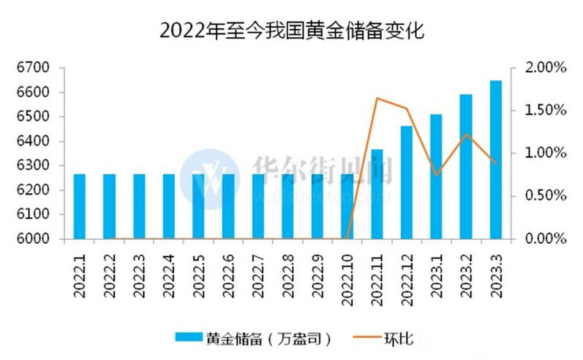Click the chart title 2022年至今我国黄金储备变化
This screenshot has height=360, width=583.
point(291,31)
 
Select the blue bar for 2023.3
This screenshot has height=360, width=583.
point(496,160)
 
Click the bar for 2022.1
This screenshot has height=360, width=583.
point(79,206)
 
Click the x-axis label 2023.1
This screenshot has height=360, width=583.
point(437,273)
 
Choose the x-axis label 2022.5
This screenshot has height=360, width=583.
point(198,273)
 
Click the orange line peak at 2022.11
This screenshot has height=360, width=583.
point(377,98)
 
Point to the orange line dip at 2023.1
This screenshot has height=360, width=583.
point(436,175)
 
